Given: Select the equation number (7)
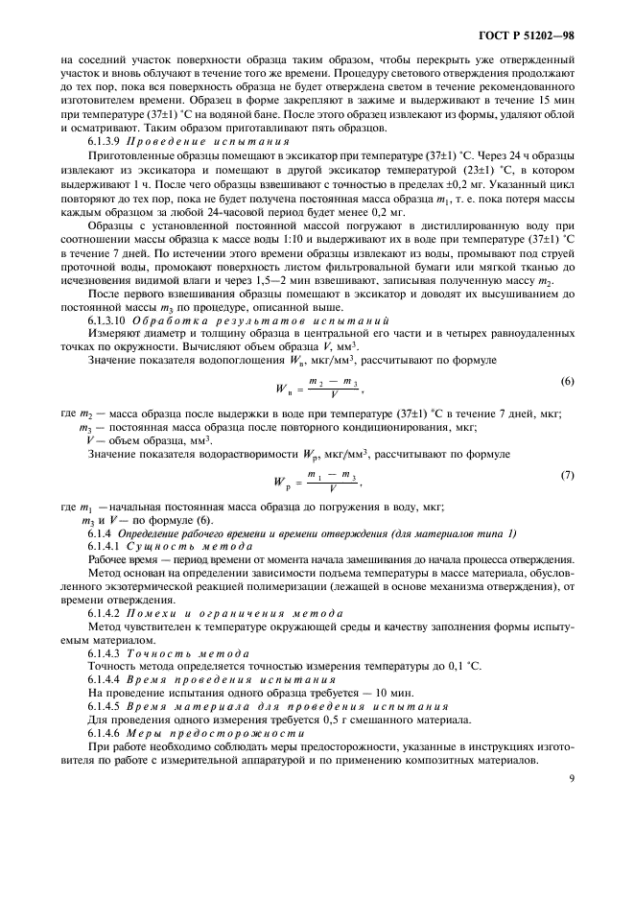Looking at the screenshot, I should tap(567, 475).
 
